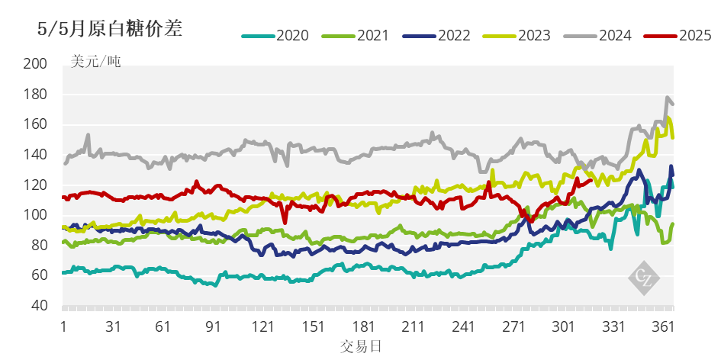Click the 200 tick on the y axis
click(x=35, y=64)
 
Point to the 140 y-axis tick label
click(x=35, y=155)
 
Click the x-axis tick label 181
click(x=364, y=326)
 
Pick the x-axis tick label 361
click(x=663, y=326)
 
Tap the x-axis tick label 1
click(x=63, y=326)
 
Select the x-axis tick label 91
click(x=214, y=326)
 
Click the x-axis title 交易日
click(x=361, y=347)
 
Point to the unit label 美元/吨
click(x=95, y=62)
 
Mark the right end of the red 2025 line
click(x=591, y=180)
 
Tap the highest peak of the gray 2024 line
click(x=668, y=98)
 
